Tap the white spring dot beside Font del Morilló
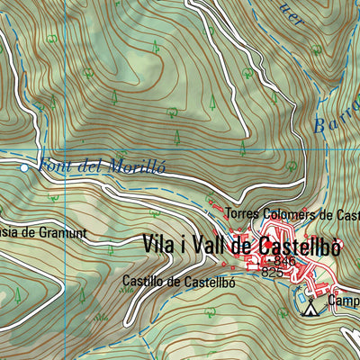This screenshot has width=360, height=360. click(24, 167)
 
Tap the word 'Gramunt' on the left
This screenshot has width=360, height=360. click(59, 232)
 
